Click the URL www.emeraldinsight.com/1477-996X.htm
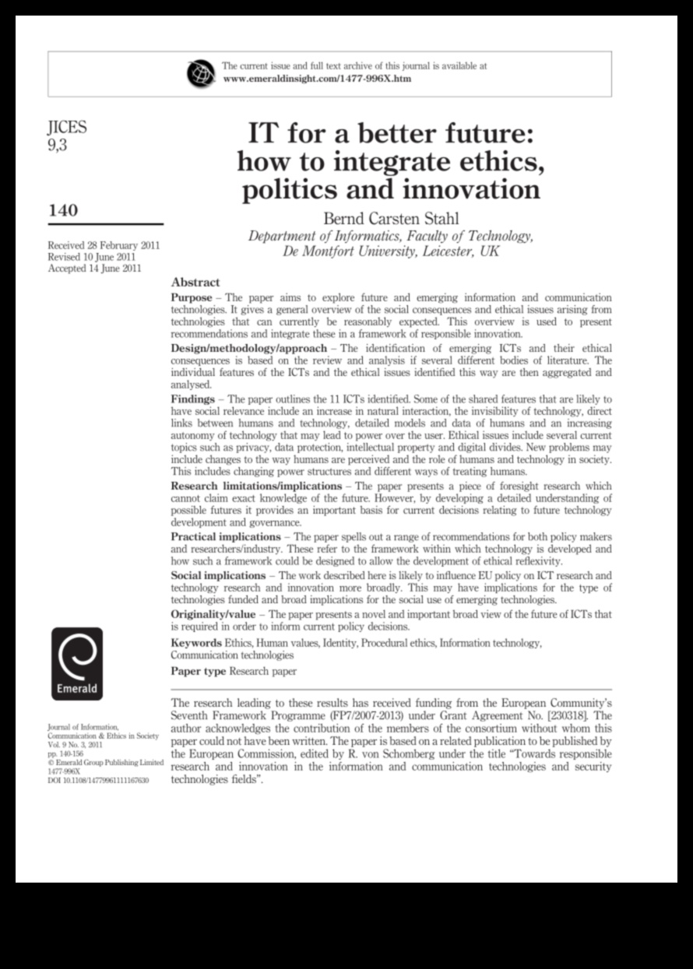[317, 79]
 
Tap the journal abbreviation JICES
[68, 128]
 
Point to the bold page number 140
[63, 210]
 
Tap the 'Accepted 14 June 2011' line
[95, 269]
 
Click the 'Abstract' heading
[195, 283]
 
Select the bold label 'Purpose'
[191, 298]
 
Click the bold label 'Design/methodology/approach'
[249, 348]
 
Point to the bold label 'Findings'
[192, 399]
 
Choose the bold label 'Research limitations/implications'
[256, 486]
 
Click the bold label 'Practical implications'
[226, 537]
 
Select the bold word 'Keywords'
[196, 644]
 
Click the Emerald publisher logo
[76, 664]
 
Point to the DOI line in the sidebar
[98, 780]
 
